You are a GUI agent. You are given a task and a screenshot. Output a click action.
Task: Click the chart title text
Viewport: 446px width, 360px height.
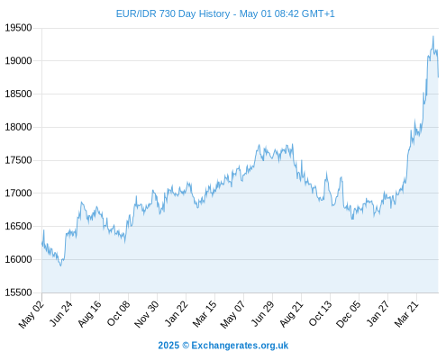tap(225, 13)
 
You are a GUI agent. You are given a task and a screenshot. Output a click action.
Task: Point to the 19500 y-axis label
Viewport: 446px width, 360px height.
tap(18, 28)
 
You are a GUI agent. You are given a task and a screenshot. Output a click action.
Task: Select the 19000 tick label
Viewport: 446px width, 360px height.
tap(18, 61)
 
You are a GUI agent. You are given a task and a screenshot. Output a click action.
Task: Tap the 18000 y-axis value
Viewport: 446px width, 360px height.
tap(18, 127)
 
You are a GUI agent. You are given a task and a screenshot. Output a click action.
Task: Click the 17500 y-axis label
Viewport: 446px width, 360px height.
tap(18, 160)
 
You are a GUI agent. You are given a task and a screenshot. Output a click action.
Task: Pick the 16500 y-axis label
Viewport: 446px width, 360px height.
tap(18, 226)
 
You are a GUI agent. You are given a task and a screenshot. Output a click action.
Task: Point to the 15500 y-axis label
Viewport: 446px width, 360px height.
tap(18, 292)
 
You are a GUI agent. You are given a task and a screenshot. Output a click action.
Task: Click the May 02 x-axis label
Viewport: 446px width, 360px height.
tap(32, 314)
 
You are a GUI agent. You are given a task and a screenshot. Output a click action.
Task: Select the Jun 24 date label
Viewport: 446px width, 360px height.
tap(60, 313)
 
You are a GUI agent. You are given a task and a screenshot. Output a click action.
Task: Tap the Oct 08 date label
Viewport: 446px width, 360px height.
tap(119, 313)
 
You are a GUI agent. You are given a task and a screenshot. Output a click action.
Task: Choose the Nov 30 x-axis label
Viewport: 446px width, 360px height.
tap(147, 314)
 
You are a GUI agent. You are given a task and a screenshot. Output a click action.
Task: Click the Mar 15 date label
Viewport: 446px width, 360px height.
tap(205, 314)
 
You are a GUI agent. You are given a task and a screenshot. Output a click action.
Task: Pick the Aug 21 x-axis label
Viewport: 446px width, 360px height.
tap(291, 314)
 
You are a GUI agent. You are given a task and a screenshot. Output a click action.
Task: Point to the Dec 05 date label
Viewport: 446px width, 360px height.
tap(349, 314)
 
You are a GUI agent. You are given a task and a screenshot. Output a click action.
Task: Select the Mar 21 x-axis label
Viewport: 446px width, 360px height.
tap(406, 314)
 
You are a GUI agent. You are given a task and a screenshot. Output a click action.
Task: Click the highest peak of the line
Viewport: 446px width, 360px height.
tap(433, 36)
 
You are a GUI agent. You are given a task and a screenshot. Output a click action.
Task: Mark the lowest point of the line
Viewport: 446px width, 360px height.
tap(60, 265)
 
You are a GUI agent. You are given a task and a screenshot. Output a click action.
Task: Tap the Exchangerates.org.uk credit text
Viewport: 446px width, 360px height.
tap(240, 346)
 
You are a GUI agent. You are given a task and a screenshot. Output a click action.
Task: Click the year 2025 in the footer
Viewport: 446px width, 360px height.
tap(168, 346)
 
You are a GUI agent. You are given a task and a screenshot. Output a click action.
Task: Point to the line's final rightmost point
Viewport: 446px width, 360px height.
tap(439, 77)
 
